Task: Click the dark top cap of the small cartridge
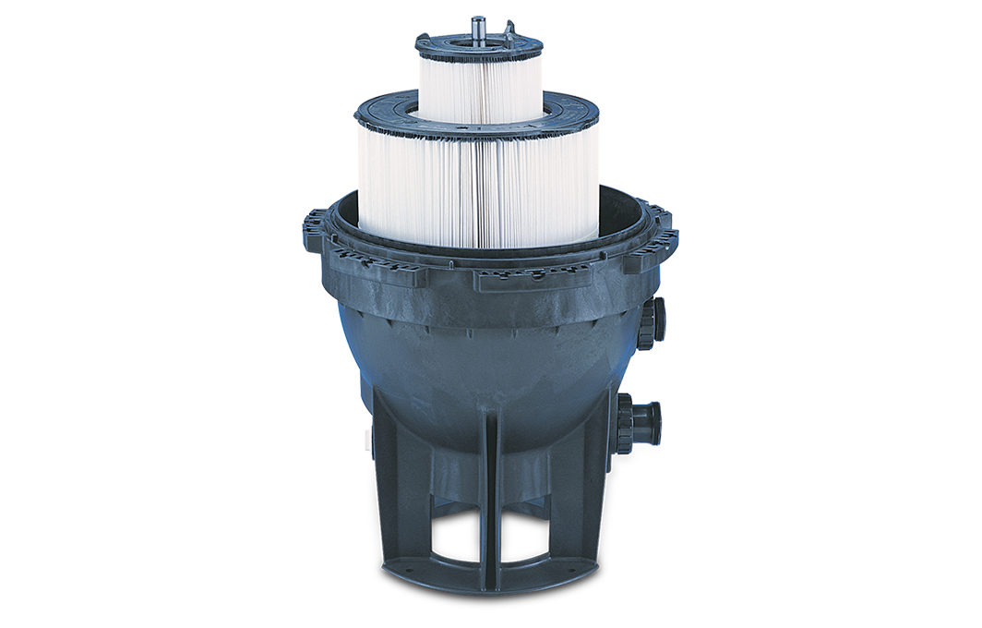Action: click(434, 43)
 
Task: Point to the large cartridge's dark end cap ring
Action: click(388, 110)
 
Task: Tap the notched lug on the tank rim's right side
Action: click(663, 235)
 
